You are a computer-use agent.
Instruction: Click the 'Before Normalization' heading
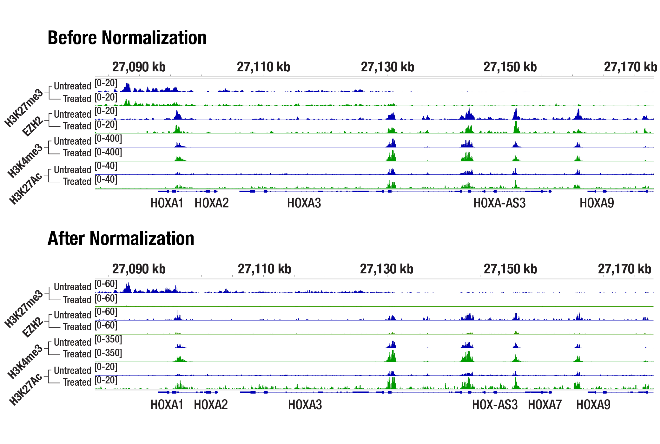tap(127, 38)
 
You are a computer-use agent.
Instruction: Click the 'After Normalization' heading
tap(121, 238)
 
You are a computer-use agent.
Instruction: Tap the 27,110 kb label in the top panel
tap(263, 67)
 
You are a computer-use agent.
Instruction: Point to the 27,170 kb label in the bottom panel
tap(624, 269)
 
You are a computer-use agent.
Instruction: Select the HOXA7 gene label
tap(545, 405)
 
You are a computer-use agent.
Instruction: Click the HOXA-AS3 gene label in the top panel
tap(499, 203)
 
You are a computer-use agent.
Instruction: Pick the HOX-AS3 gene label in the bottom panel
tap(495, 405)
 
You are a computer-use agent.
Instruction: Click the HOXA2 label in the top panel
tap(211, 203)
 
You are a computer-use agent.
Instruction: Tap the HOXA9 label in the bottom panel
tap(593, 405)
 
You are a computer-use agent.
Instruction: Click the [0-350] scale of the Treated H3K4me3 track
tap(108, 353)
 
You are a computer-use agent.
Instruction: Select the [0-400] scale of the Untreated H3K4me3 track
tap(108, 139)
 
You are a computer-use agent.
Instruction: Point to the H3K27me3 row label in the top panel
tap(24, 108)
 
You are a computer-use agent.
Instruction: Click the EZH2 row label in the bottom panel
tap(33, 327)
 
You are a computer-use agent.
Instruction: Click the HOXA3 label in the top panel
tap(304, 203)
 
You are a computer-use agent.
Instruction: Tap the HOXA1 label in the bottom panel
tap(167, 405)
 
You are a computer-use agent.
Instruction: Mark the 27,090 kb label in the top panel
tap(139, 67)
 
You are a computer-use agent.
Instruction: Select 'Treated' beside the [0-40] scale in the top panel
tap(77, 181)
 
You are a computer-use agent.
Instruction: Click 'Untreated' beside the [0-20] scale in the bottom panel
tap(72, 370)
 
